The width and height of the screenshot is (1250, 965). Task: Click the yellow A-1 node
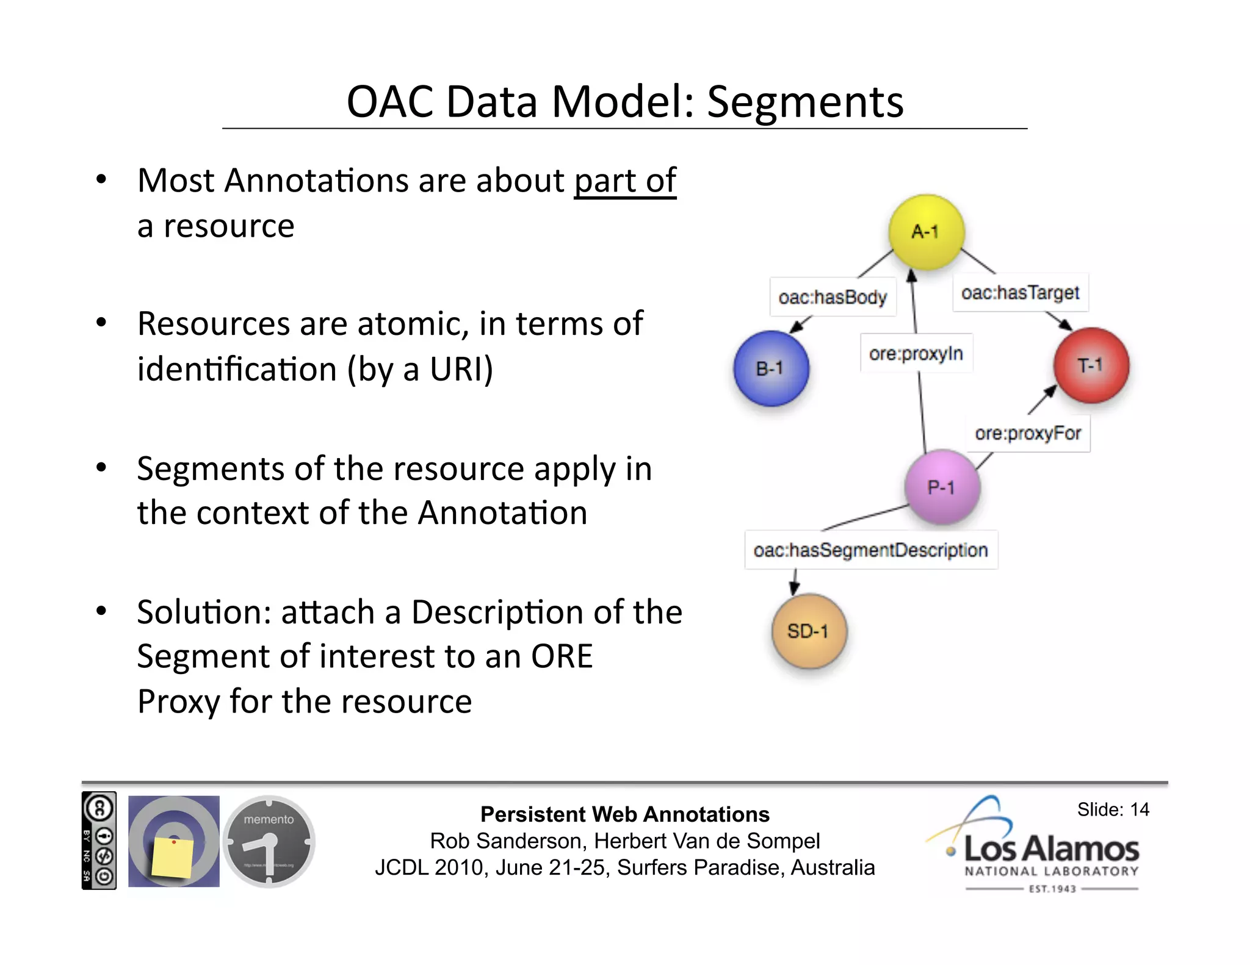pos(926,232)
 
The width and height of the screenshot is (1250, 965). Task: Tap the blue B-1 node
pos(771,368)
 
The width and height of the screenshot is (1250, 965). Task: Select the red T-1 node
pos(1091,365)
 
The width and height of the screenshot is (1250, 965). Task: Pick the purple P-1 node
pos(942,487)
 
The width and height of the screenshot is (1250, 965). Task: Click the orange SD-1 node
pos(809,631)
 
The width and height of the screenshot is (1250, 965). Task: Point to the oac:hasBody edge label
pos(833,297)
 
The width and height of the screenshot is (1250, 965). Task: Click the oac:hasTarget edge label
pos(1020,293)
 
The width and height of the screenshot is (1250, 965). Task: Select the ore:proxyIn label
pos(916,353)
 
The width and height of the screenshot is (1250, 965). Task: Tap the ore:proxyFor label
pos(1028,434)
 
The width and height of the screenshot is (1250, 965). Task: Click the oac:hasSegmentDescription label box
pos(870,550)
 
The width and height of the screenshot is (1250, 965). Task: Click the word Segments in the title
pos(804,102)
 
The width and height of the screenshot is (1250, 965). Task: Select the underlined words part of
pos(624,181)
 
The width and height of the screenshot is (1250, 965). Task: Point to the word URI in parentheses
pos(460,369)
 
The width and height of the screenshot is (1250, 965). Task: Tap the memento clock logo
pos(269,842)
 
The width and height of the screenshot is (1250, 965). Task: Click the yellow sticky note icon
pos(173,857)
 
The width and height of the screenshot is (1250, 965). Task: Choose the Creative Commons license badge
pos(99,841)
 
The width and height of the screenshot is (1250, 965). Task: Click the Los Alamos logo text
pos(1051,849)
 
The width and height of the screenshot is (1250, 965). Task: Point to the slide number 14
pos(1139,809)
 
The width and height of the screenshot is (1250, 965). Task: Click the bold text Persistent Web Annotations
pos(624,814)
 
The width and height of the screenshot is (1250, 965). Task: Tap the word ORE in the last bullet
pos(561,657)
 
